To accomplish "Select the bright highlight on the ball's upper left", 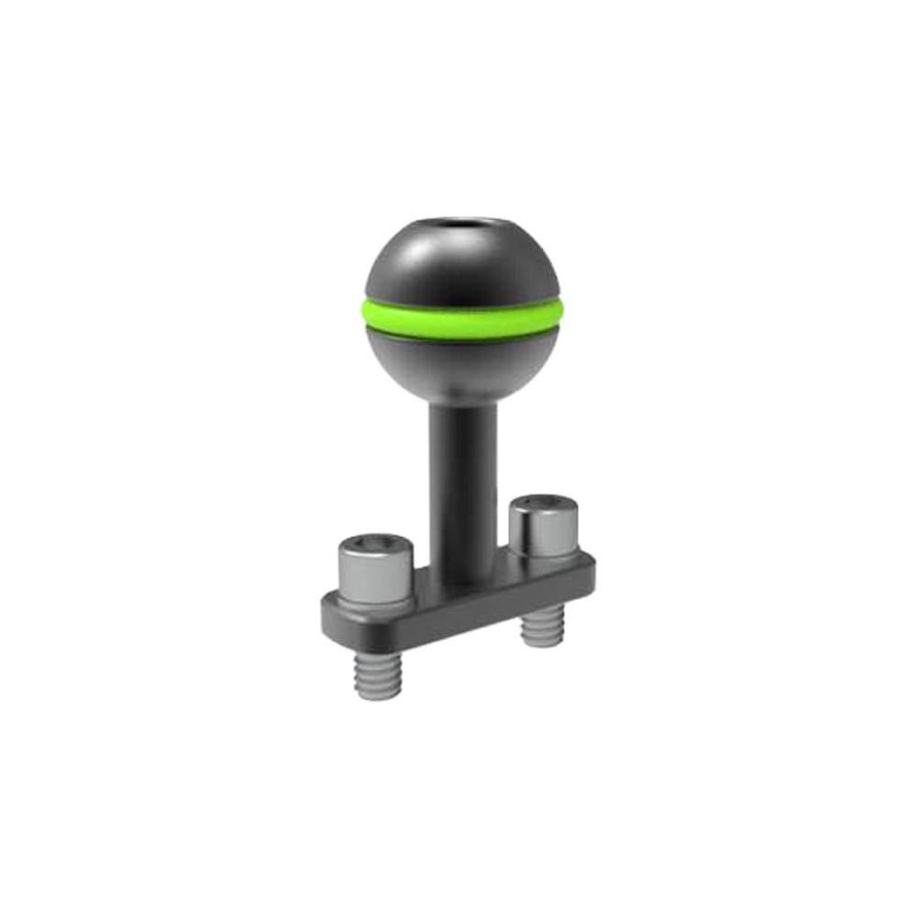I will (x=403, y=257).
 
